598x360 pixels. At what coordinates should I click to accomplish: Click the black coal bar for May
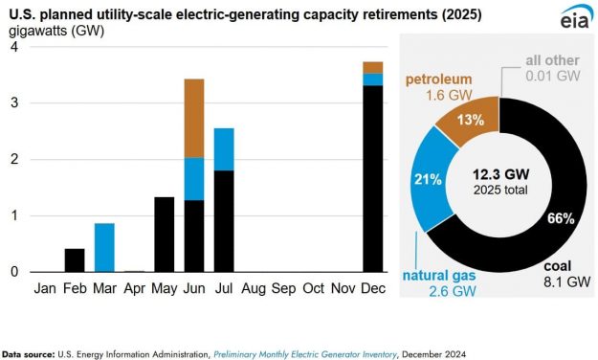pyautogui.click(x=165, y=234)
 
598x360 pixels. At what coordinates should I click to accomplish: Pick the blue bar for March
pyautogui.click(x=105, y=247)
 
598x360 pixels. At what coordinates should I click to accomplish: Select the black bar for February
pyautogui.click(x=75, y=259)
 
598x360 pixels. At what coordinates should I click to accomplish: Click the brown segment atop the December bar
pyautogui.click(x=373, y=67)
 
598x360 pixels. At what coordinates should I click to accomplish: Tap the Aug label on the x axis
pyautogui.click(x=255, y=286)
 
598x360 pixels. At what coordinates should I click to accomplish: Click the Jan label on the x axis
pyautogui.click(x=45, y=286)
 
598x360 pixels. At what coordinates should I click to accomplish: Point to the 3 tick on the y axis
pyautogui.click(x=13, y=103)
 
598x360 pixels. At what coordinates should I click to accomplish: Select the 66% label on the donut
pyautogui.click(x=560, y=218)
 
